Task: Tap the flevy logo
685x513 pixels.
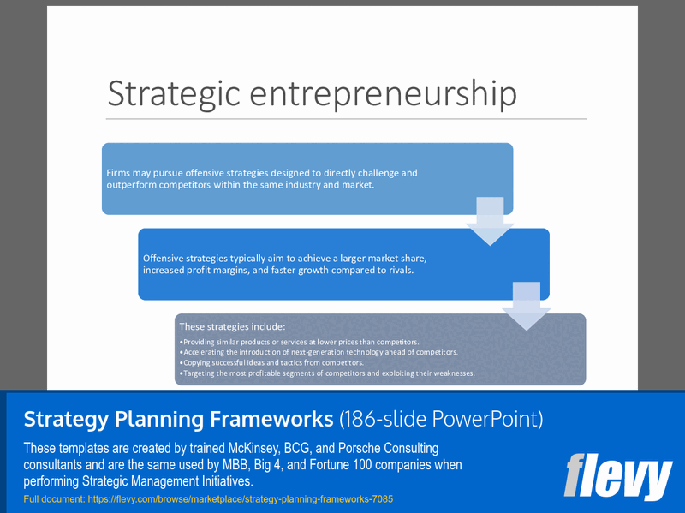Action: pyautogui.click(x=618, y=477)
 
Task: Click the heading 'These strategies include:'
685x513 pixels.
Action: pyautogui.click(x=231, y=326)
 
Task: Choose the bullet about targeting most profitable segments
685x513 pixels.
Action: pyautogui.click(x=326, y=373)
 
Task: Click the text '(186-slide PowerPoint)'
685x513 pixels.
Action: pyautogui.click(x=441, y=419)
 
